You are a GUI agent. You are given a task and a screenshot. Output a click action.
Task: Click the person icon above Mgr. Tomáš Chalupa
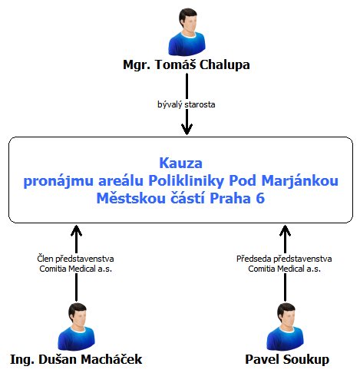187,31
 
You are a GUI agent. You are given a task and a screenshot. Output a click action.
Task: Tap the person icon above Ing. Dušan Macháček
76,327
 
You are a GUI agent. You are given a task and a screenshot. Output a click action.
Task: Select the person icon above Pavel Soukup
285,327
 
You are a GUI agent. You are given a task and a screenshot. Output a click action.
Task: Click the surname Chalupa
224,65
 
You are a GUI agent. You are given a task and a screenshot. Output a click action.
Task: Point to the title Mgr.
137,65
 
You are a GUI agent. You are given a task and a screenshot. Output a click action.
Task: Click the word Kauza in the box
180,163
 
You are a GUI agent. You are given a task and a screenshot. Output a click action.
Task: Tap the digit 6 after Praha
260,198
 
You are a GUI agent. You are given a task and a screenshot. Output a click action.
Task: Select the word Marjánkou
299,181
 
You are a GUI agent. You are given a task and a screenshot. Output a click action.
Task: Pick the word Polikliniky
187,181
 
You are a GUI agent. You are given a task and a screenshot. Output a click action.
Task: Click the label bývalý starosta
186,104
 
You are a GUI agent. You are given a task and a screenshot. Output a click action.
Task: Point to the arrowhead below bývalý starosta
187,129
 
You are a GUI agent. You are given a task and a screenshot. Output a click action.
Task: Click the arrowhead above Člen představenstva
76,231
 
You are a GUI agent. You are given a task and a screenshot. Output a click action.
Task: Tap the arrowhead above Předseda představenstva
285,231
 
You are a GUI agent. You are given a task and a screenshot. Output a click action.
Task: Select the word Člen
45,259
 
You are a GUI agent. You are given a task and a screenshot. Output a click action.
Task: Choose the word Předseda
253,259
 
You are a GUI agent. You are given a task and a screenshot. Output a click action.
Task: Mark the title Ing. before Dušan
22,360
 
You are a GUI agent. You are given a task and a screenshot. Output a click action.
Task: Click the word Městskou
130,198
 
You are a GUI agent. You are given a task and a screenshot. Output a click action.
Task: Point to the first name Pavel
263,359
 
